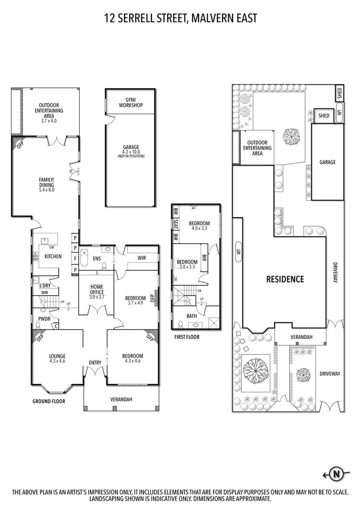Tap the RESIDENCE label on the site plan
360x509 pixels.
(286, 279)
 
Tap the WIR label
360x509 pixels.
(141, 258)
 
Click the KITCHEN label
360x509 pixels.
(53, 256)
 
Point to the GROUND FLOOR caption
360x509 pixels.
(49, 401)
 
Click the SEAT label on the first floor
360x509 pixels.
(175, 224)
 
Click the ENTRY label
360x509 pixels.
(95, 363)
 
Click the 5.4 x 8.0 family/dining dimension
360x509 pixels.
(47, 190)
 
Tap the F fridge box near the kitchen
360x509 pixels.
(75, 260)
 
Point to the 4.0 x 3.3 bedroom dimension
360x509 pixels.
(199, 229)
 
